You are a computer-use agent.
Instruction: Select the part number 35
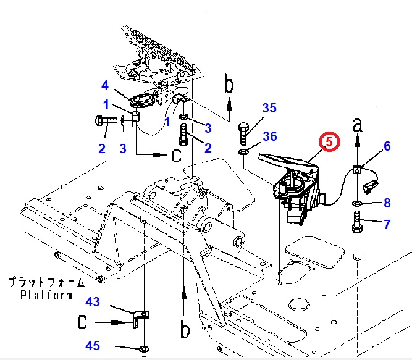point(269,109)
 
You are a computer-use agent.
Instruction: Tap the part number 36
point(270,136)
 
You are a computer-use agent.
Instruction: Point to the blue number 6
point(387,146)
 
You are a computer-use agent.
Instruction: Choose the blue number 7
point(387,224)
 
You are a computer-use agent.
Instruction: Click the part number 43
point(92,302)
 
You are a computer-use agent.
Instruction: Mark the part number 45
point(92,346)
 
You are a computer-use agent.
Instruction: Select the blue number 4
point(105,85)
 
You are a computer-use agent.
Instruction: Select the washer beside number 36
point(243,151)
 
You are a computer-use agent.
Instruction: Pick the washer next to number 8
point(358,203)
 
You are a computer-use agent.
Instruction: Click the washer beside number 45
point(143,350)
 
